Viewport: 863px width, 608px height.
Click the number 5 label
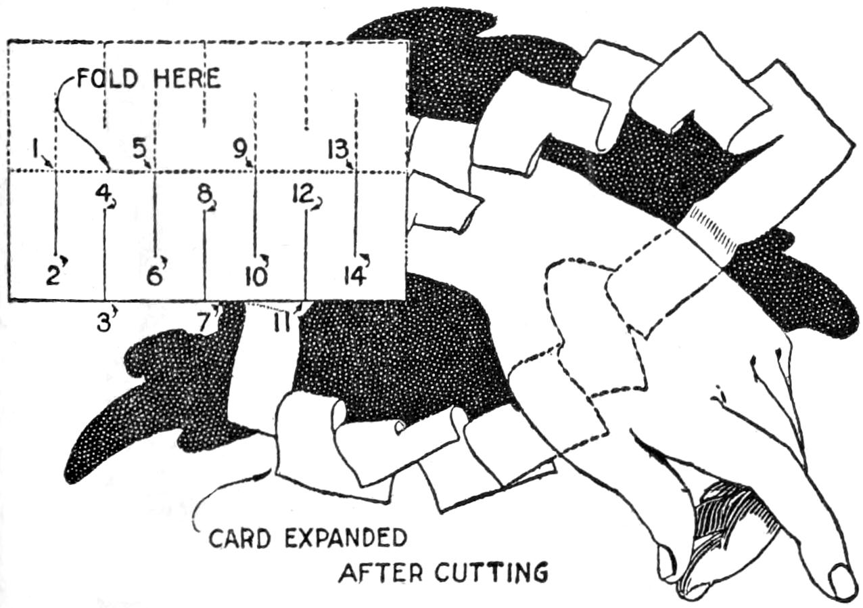tap(139, 147)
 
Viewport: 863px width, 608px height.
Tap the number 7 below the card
tap(205, 322)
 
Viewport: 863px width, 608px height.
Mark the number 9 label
tap(240, 147)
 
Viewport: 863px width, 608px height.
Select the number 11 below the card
tap(285, 322)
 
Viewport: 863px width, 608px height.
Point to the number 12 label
tap(302, 194)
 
